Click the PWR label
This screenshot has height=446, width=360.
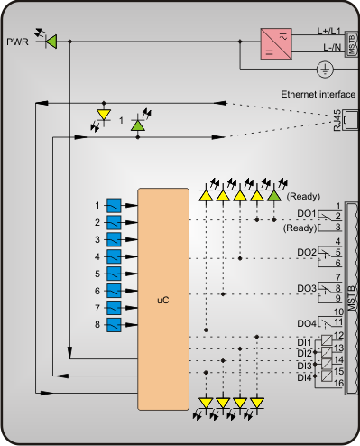pyautogui.click(x=17, y=42)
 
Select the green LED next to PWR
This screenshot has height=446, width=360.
pyautogui.click(x=51, y=42)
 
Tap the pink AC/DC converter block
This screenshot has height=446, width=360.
pyautogui.click(x=276, y=43)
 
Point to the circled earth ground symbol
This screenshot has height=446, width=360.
pyautogui.click(x=326, y=70)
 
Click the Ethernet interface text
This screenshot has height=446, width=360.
pyautogui.click(x=318, y=94)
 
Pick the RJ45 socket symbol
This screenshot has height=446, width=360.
pyautogui.click(x=351, y=120)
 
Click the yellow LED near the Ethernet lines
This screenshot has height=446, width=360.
pyautogui.click(x=104, y=115)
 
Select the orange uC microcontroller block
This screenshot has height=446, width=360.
pyautogui.click(x=163, y=299)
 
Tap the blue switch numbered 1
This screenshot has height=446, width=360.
pyautogui.click(x=114, y=206)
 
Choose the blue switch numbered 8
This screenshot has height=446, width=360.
pyautogui.click(x=114, y=325)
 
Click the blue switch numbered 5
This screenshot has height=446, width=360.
pyautogui.click(x=114, y=274)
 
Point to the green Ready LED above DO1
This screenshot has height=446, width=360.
pyautogui.click(x=274, y=196)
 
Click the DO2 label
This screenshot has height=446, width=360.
pyautogui.click(x=307, y=252)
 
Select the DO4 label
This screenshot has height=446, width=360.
pyautogui.click(x=307, y=323)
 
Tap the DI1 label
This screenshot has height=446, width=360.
pyautogui.click(x=304, y=342)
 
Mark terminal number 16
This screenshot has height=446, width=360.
pyautogui.click(x=338, y=383)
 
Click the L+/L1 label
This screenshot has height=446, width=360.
pyautogui.click(x=329, y=31)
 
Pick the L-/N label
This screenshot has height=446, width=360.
pyautogui.click(x=332, y=47)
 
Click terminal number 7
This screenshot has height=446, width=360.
pyautogui.click(x=338, y=277)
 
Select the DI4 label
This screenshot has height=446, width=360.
pyautogui.click(x=304, y=377)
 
